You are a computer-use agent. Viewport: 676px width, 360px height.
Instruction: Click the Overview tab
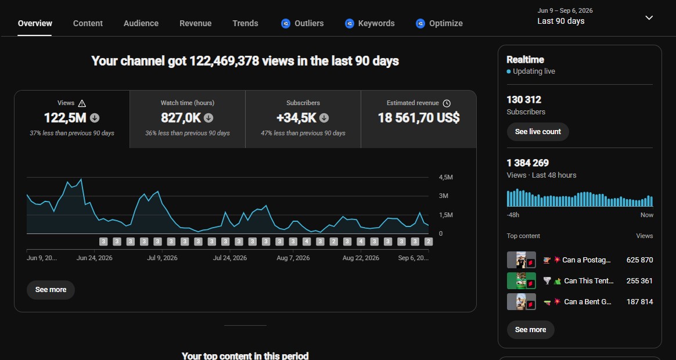coord(35,23)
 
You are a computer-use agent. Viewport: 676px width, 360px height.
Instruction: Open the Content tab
coord(88,23)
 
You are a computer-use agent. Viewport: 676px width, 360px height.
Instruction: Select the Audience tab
coord(141,23)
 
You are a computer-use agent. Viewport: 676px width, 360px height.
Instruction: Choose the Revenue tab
coord(195,23)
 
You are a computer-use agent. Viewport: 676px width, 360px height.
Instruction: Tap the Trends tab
coord(245,23)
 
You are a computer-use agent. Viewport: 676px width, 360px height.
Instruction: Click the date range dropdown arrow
coord(649,17)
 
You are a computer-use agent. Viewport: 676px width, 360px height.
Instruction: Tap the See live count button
coord(538,131)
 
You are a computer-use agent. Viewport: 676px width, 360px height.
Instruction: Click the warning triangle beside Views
coord(82,103)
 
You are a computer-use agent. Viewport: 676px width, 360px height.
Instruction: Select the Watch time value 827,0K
coord(181,118)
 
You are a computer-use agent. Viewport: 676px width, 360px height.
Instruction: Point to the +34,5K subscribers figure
coord(297,118)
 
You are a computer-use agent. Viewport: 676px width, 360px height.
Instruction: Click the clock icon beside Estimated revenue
coord(447,103)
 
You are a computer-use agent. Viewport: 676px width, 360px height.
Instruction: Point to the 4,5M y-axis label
coord(446,177)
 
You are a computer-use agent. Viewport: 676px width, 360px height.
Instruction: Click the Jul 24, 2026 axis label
coord(230,258)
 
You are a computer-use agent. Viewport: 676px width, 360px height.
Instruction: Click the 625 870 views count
coord(640,260)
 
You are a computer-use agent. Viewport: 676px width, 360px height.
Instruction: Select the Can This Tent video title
coord(589,280)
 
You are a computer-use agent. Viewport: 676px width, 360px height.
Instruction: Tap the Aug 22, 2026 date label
coord(361,258)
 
